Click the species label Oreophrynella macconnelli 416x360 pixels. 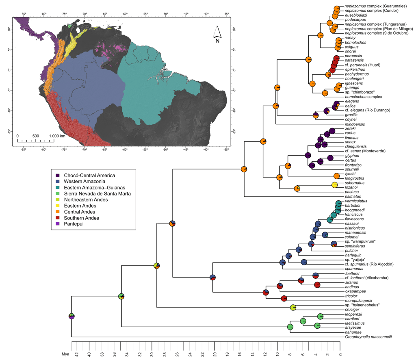click(368, 337)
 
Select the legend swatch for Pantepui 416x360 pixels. click(58, 224)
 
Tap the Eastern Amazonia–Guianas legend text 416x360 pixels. click(94, 188)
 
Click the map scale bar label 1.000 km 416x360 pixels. click(57, 136)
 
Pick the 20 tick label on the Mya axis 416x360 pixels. click(214, 354)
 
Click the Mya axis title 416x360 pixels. click(65, 354)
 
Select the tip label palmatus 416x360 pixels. click(353, 197)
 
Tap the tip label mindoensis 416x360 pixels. click(355, 124)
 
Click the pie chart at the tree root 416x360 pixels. click(71, 316)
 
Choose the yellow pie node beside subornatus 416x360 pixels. click(334, 185)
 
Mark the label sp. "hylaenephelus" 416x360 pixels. click(362, 305)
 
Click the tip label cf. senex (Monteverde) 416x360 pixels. click(365, 151)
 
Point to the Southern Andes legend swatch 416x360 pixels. click(58, 218)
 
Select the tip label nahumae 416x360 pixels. click(353, 332)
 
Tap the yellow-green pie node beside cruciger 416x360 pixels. click(293, 308)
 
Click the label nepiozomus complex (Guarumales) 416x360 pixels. click(376, 6)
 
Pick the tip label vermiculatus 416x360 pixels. click(356, 201)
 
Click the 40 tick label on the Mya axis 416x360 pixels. click(89, 354)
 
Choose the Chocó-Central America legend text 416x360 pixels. click(89, 176)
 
